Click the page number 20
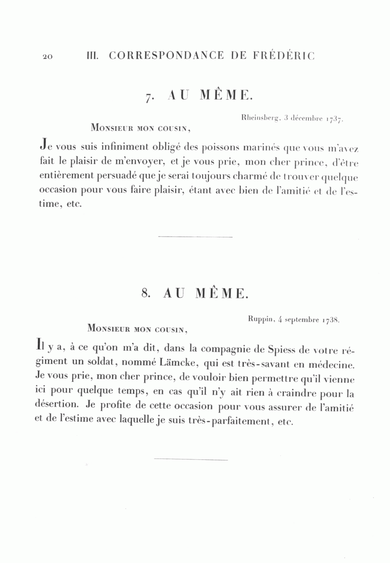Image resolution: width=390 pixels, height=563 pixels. click(x=48, y=57)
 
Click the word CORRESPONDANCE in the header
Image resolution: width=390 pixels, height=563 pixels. click(x=166, y=56)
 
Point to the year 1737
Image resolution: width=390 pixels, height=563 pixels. click(x=334, y=118)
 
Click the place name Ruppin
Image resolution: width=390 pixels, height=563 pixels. click(x=260, y=319)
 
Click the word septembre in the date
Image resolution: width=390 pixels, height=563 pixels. click(x=301, y=320)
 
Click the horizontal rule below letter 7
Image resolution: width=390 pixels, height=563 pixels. click(x=195, y=237)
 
